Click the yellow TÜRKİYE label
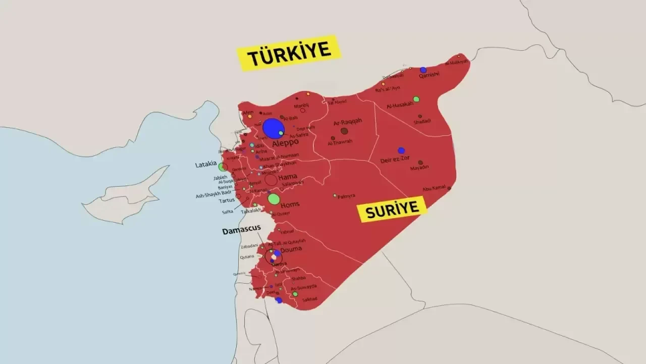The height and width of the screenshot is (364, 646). pos(289,52)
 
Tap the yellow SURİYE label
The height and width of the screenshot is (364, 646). pos(392,209)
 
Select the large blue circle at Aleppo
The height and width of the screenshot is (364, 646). pos(273,128)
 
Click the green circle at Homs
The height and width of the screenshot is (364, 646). pos(274,199)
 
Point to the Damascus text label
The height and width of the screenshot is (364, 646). pos(241,230)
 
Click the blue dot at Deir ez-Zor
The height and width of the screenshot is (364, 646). pos(401,150)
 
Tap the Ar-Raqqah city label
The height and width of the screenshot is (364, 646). pos(348,122)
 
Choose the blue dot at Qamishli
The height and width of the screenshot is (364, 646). pos(423,70)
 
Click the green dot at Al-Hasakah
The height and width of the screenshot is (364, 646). pos(416,99)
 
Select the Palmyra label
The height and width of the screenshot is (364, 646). pos(346,196)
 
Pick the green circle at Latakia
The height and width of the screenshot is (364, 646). pos(222,167)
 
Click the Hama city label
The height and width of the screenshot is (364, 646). pos(288,177)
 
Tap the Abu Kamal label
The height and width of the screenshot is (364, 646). pos(434,188)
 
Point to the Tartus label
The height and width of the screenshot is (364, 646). pos(227,201)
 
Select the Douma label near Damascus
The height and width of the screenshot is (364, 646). pos(291,249)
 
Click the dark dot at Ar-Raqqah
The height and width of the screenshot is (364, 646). pos(344,131)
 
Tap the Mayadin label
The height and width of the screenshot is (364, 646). pos(419,168)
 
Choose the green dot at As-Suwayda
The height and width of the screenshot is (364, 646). pos(295,294)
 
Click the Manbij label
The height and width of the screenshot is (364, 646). pos(301,105)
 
